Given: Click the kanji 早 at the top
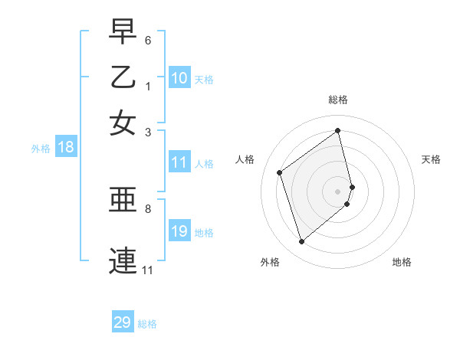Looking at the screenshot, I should pyautogui.click(x=123, y=32).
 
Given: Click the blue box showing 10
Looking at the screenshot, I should pyautogui.click(x=179, y=78).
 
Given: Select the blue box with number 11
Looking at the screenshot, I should pyautogui.click(x=179, y=162).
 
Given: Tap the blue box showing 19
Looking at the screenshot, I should pyautogui.click(x=179, y=231).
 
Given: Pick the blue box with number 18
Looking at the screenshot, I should pyautogui.click(x=66, y=148).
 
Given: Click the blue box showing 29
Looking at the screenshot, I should pyautogui.click(x=123, y=322).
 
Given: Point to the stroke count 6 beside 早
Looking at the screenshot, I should pyautogui.click(x=148, y=39).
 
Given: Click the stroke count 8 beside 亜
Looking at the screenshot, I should pyautogui.click(x=148, y=208).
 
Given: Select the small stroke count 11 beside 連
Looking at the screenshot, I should pyautogui.click(x=148, y=270).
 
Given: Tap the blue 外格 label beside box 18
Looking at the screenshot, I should pyautogui.click(x=40, y=149).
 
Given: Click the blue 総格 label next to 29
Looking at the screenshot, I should pyautogui.click(x=147, y=324).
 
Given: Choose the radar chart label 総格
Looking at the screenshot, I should pyautogui.click(x=338, y=100).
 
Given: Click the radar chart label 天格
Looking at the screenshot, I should pyautogui.click(x=431, y=159).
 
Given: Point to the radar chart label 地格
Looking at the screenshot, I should pyautogui.click(x=402, y=262).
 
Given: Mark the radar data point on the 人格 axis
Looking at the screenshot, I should pyautogui.click(x=280, y=172).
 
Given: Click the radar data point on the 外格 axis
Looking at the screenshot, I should pyautogui.click(x=301, y=242).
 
